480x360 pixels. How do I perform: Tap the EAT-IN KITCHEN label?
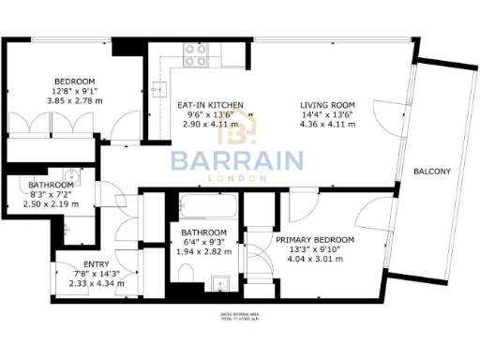211,105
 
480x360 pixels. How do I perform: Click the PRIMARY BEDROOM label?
315,241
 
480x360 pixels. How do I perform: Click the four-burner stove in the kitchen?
196,64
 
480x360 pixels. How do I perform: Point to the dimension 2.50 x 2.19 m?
51,203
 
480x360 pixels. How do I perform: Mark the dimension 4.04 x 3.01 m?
315,261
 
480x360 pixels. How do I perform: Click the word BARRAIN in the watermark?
235,160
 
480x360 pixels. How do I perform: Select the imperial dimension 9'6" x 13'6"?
211,114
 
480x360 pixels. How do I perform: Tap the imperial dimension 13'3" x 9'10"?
315,251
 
